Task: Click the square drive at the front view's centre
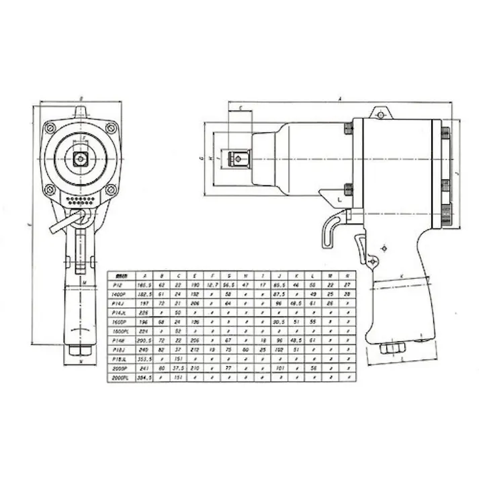tap(81, 159)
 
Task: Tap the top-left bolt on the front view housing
tap(50, 128)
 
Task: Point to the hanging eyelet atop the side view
tap(381, 114)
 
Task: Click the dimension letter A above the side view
tap(340, 99)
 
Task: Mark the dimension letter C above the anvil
tap(240, 107)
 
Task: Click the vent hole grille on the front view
tap(81, 200)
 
